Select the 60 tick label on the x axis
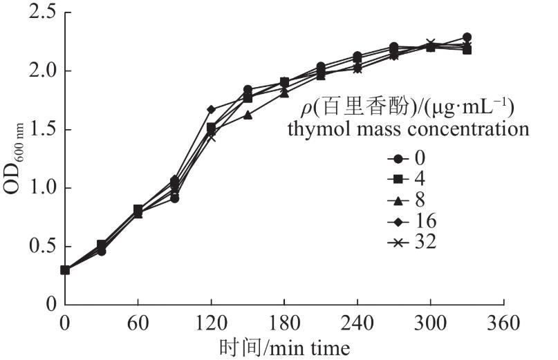click(138, 322)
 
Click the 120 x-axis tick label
click(211, 322)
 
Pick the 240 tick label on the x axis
click(357, 322)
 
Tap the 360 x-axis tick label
click(503, 322)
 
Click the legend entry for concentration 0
click(407, 158)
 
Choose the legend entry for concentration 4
click(407, 179)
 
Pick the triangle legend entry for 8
click(407, 200)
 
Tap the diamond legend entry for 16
click(411, 222)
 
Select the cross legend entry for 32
click(411, 243)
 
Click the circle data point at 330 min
click(467, 37)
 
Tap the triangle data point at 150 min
click(248, 115)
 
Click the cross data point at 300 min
click(431, 44)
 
